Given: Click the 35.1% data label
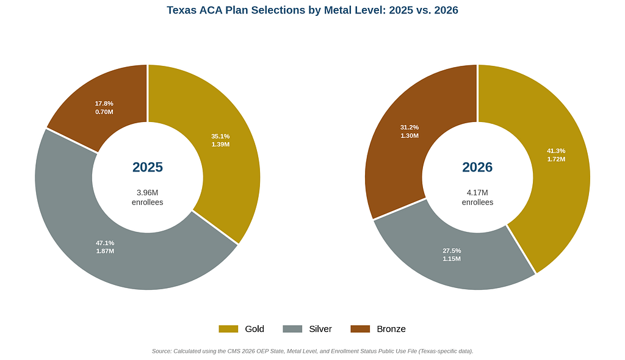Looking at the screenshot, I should pyautogui.click(x=220, y=136).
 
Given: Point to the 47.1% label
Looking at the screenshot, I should pyautogui.click(x=105, y=243).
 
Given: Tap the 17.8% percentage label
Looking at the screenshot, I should pyautogui.click(x=104, y=104).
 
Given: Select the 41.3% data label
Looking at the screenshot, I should pyautogui.click(x=556, y=151).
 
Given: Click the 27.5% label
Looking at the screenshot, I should pyautogui.click(x=452, y=251).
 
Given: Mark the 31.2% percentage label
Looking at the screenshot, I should pyautogui.click(x=410, y=128).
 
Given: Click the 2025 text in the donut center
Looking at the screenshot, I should pyautogui.click(x=148, y=167).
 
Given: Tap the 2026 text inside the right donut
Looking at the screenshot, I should pyautogui.click(x=477, y=167).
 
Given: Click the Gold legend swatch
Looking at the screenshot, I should pyautogui.click(x=228, y=329).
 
